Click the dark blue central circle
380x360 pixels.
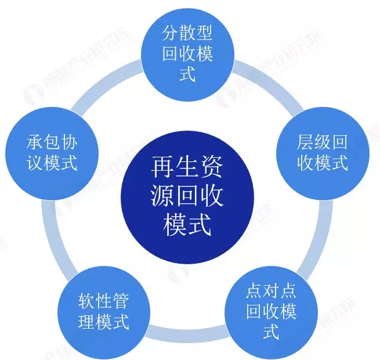coord(187,197)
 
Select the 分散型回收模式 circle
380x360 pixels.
coord(187,55)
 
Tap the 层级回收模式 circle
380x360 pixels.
coord(323,153)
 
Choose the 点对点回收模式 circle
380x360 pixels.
coord(271,313)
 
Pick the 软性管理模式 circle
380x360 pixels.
coord(104,313)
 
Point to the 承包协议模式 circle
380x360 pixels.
coord(52,153)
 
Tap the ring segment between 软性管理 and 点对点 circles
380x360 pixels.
coord(187,333)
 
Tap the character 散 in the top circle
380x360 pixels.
coord(187,34)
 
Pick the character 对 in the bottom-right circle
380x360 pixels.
coord(271,291)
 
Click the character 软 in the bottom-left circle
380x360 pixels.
coord(86,301)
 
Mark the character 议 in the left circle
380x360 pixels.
coord(35,163)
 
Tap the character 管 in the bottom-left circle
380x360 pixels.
coord(121,301)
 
